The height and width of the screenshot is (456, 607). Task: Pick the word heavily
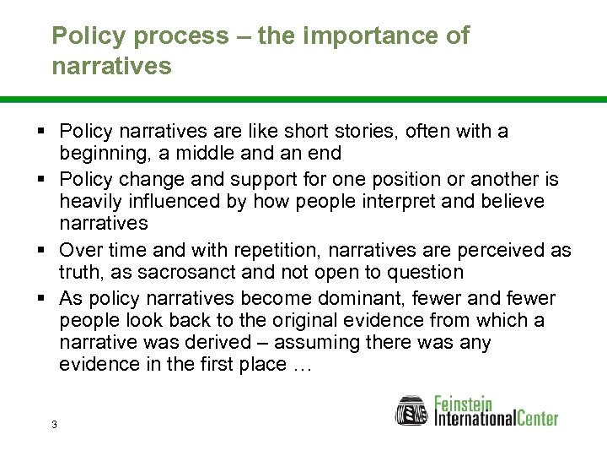pyautogui.click(x=91, y=201)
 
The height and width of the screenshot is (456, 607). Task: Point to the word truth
pyautogui.click(x=82, y=272)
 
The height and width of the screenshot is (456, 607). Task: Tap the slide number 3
pyautogui.click(x=54, y=424)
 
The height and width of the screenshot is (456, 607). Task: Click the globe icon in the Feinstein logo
pyautogui.click(x=412, y=411)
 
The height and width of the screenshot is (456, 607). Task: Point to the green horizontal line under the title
pyautogui.click(x=303, y=100)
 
